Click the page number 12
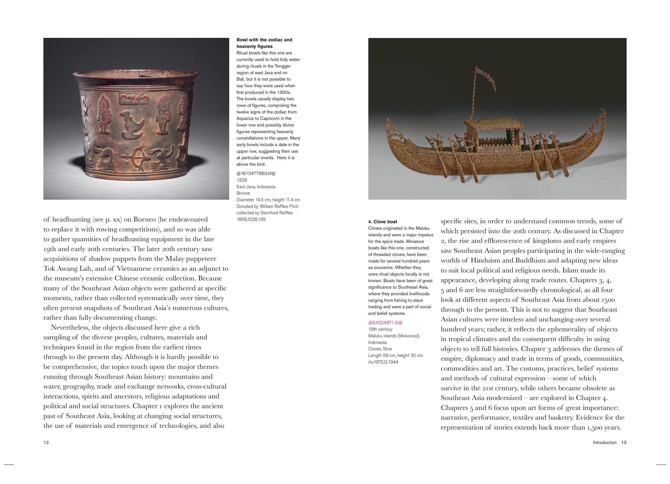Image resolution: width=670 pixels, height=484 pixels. coord(46,442)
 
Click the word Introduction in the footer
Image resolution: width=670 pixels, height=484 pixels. coord(604,442)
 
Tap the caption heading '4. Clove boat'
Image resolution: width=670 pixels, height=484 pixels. coord(383,222)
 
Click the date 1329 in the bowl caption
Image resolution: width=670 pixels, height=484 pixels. coord(242,180)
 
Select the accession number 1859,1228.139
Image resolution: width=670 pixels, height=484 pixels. coord(251,219)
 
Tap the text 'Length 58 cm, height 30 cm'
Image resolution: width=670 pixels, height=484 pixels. coord(395,356)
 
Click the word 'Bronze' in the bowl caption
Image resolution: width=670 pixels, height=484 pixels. coord(243,193)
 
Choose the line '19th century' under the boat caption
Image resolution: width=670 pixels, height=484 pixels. coord(380,329)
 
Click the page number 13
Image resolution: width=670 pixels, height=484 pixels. coord(624,442)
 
